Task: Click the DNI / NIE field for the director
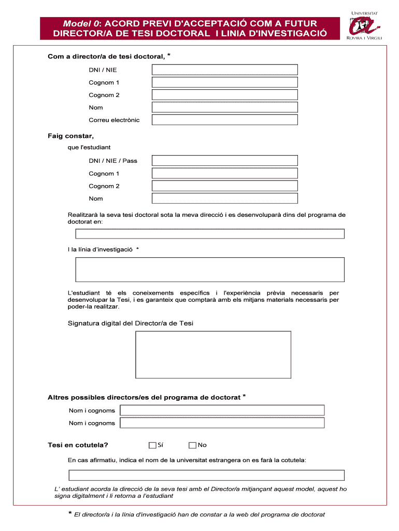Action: point(224,70)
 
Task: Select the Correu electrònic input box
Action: point(224,120)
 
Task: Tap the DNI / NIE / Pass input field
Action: point(224,161)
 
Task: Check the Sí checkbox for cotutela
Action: point(152,445)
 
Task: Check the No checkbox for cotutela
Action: point(192,445)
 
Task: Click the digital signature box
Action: point(213,355)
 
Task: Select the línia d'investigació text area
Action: point(210,270)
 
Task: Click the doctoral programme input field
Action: point(210,234)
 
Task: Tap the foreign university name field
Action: point(206,475)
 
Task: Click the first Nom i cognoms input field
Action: point(222,411)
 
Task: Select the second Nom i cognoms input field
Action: point(222,423)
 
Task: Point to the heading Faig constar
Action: point(71,136)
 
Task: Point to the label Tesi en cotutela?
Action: point(78,445)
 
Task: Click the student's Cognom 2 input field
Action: point(224,186)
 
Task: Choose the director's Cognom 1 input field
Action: point(224,82)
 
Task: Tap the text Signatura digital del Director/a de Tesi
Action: point(131,324)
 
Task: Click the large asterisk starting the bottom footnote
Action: point(68,514)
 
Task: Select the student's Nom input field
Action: point(224,199)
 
